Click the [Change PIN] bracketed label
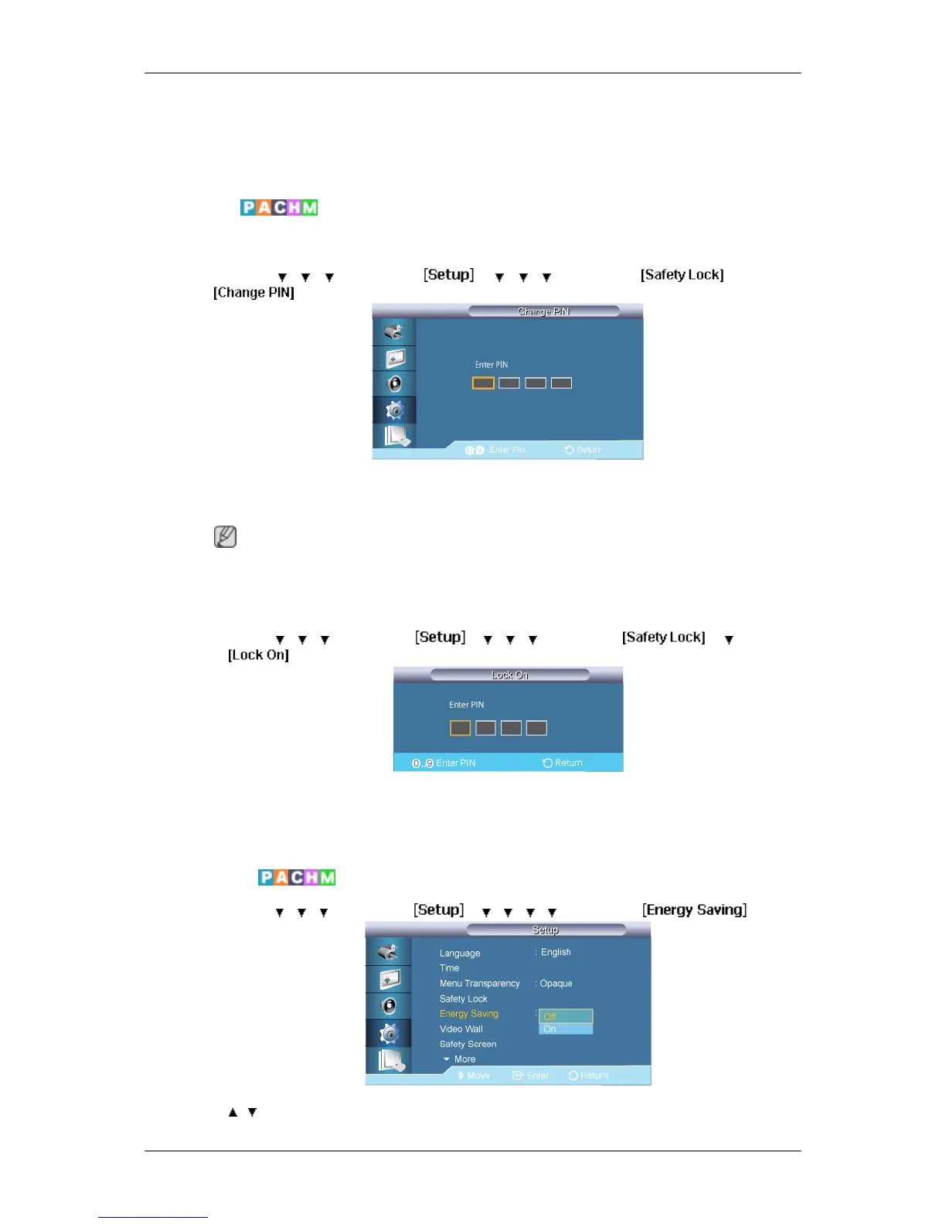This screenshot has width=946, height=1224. [254, 293]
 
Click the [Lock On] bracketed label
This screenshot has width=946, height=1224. [258, 655]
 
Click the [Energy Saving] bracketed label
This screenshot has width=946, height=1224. [694, 910]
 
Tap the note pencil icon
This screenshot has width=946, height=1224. [225, 536]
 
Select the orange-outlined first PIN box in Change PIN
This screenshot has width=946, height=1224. [483, 383]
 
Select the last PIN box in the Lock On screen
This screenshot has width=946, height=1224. [536, 728]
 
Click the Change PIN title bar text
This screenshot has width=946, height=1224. [543, 311]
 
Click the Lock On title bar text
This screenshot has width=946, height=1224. [510, 675]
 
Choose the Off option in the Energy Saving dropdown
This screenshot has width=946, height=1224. [565, 1016]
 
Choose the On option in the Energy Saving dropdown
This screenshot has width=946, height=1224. [565, 1028]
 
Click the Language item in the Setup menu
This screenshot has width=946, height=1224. [460, 954]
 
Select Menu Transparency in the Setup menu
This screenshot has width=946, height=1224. [479, 984]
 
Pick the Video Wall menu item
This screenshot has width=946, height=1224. [461, 1029]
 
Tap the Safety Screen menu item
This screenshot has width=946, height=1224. [468, 1044]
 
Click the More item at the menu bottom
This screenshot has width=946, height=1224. [464, 1059]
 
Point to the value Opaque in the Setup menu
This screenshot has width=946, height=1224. [556, 984]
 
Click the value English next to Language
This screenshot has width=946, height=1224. [556, 953]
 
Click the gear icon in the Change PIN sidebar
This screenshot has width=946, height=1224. [394, 410]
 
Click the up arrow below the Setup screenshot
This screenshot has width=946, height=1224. [233, 1113]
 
